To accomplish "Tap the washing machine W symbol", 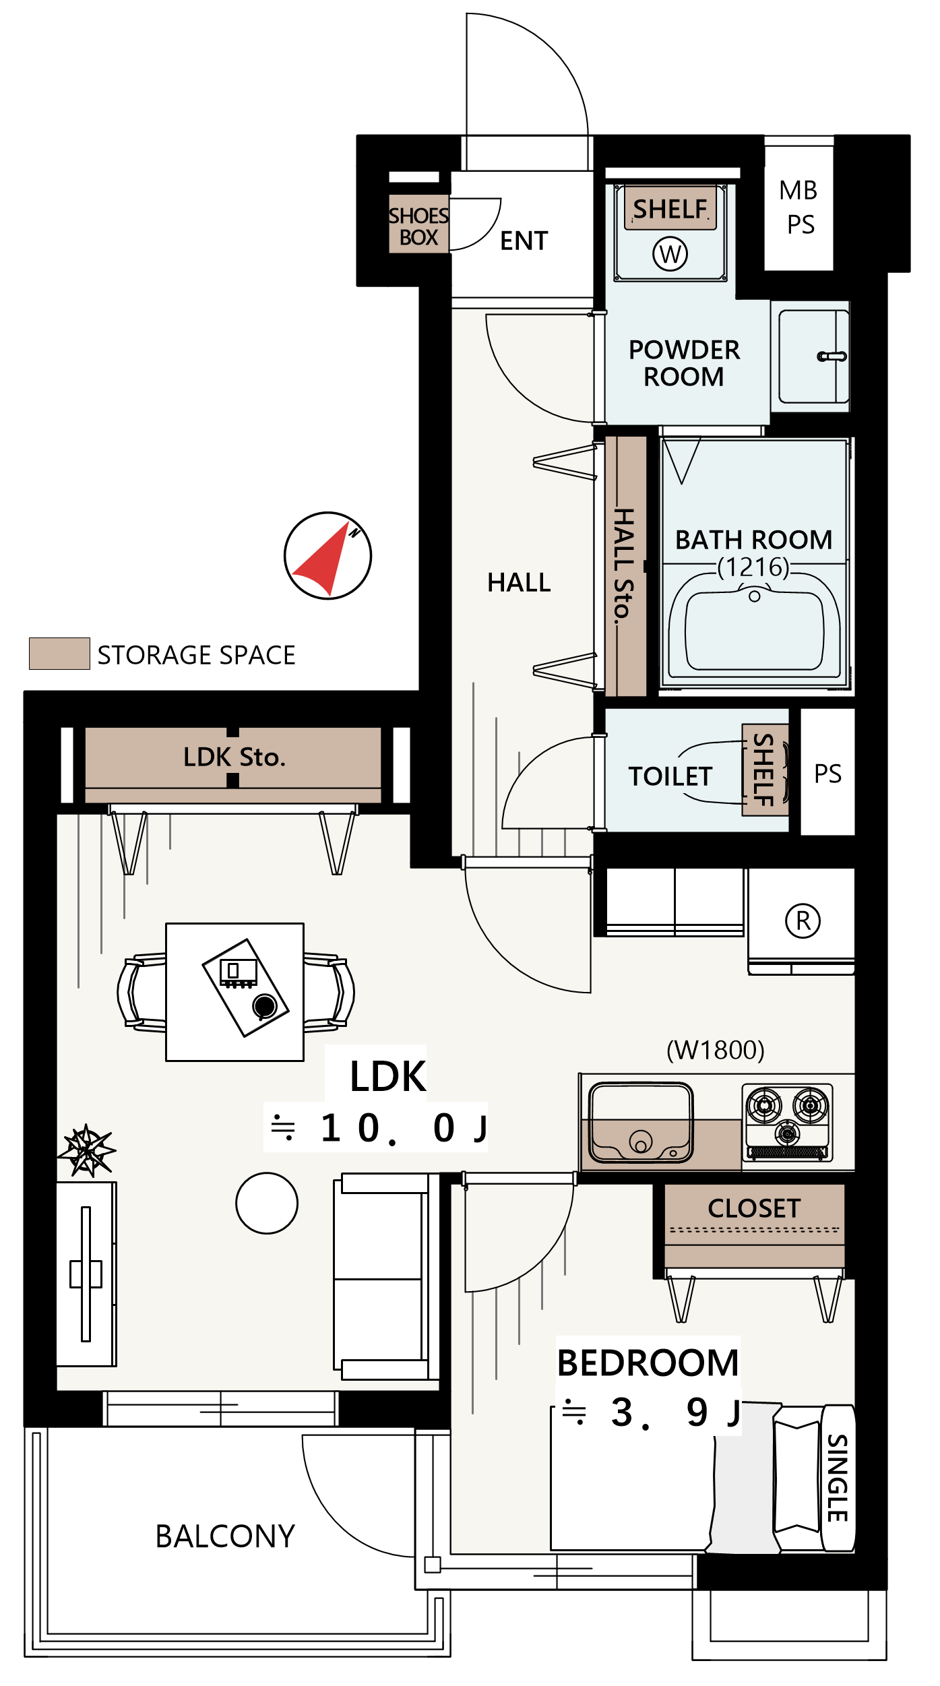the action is (x=670, y=254).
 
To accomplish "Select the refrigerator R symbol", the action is (x=803, y=920).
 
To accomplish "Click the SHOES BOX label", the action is (x=418, y=226).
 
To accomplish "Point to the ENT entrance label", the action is (x=524, y=241).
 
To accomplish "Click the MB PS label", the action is (x=800, y=208).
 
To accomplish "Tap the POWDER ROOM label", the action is (x=684, y=363).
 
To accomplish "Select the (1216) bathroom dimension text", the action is (x=753, y=567).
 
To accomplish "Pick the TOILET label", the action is (x=670, y=776).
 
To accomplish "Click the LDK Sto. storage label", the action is (x=234, y=757).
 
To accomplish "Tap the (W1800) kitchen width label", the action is (x=715, y=1050).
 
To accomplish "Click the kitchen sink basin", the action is (x=641, y=1122).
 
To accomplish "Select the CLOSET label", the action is (x=754, y=1208).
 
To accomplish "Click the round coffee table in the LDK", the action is (x=267, y=1203).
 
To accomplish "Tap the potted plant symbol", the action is (x=87, y=1150).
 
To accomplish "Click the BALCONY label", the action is (x=225, y=1536).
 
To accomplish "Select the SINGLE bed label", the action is (x=838, y=1478).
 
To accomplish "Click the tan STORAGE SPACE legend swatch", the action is (x=59, y=654).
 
